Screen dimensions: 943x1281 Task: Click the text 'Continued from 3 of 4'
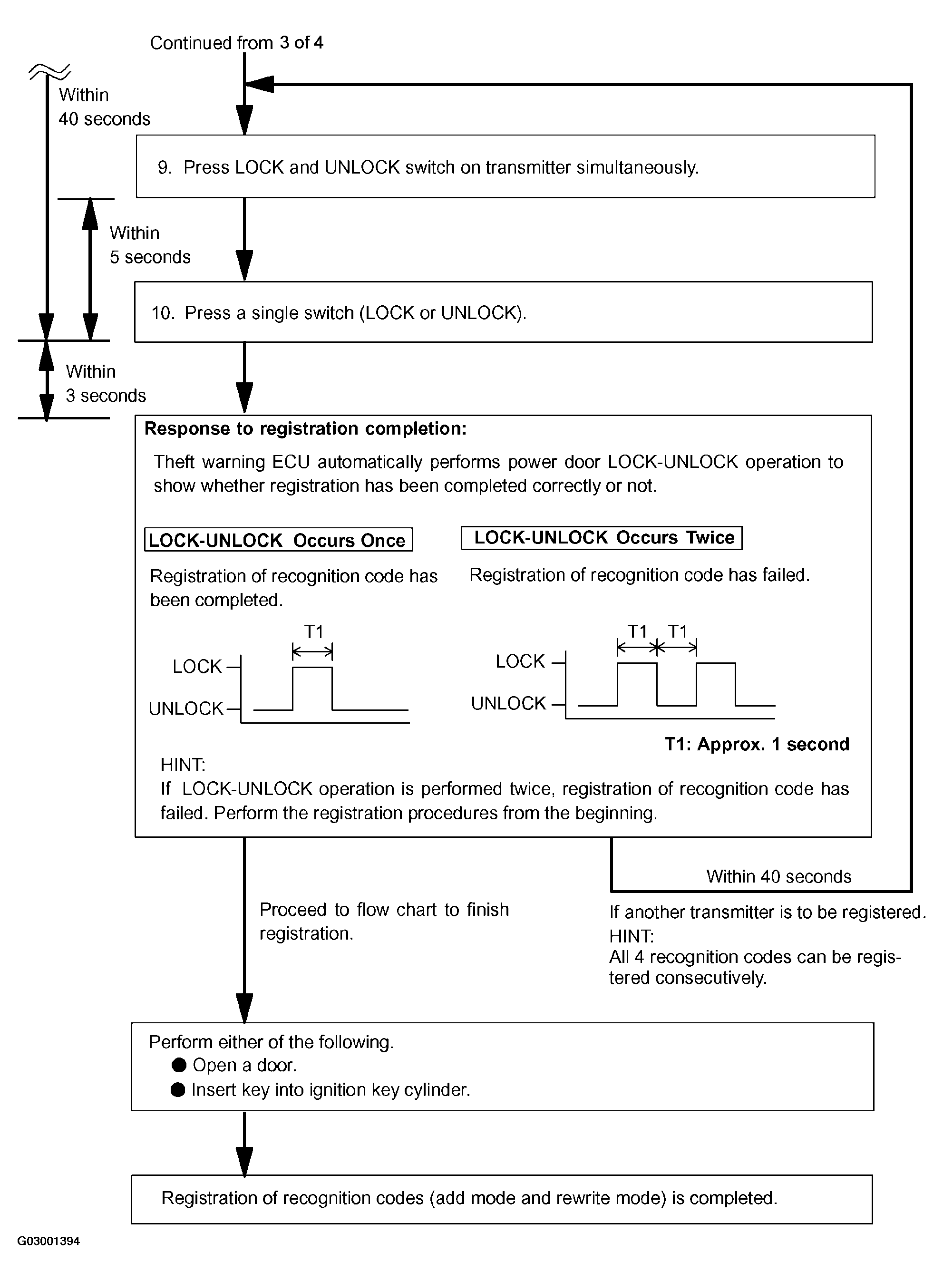[x=236, y=43]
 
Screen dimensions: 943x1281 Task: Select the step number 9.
[x=165, y=168]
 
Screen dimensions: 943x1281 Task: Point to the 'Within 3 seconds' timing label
[x=106, y=383]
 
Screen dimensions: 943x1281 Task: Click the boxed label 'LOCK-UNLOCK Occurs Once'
[x=279, y=540]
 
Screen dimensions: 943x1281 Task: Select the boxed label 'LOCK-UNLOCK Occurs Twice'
[x=602, y=537]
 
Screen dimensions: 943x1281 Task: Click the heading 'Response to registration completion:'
[x=305, y=428]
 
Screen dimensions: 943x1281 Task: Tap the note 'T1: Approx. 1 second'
[x=757, y=744]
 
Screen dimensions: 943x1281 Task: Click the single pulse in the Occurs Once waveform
[x=312, y=667]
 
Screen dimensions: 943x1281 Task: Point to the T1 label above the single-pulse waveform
[x=314, y=631]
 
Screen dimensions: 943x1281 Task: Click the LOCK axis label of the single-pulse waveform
[x=197, y=667]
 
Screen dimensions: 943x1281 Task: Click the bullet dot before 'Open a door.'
[x=179, y=1065]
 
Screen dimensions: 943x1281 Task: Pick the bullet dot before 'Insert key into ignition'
[x=178, y=1090]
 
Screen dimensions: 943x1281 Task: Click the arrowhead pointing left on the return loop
[x=260, y=85]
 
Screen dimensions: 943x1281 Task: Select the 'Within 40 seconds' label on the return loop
[x=778, y=876]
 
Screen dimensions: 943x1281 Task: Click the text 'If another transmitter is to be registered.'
[x=767, y=912]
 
